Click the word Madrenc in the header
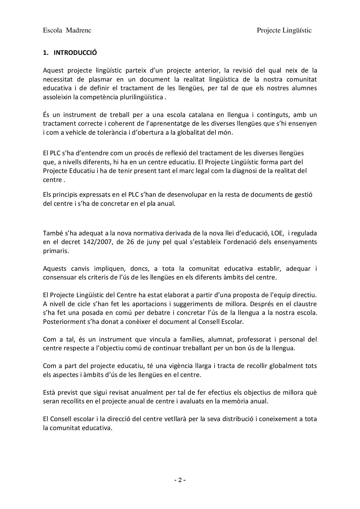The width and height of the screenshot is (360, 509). pyautogui.click(x=79, y=30)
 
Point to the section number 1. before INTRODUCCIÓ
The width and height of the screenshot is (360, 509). pyautogui.click(x=45, y=53)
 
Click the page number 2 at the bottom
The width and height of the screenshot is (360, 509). pyautogui.click(x=180, y=480)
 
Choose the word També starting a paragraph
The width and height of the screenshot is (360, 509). pyautogui.click(x=51, y=233)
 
